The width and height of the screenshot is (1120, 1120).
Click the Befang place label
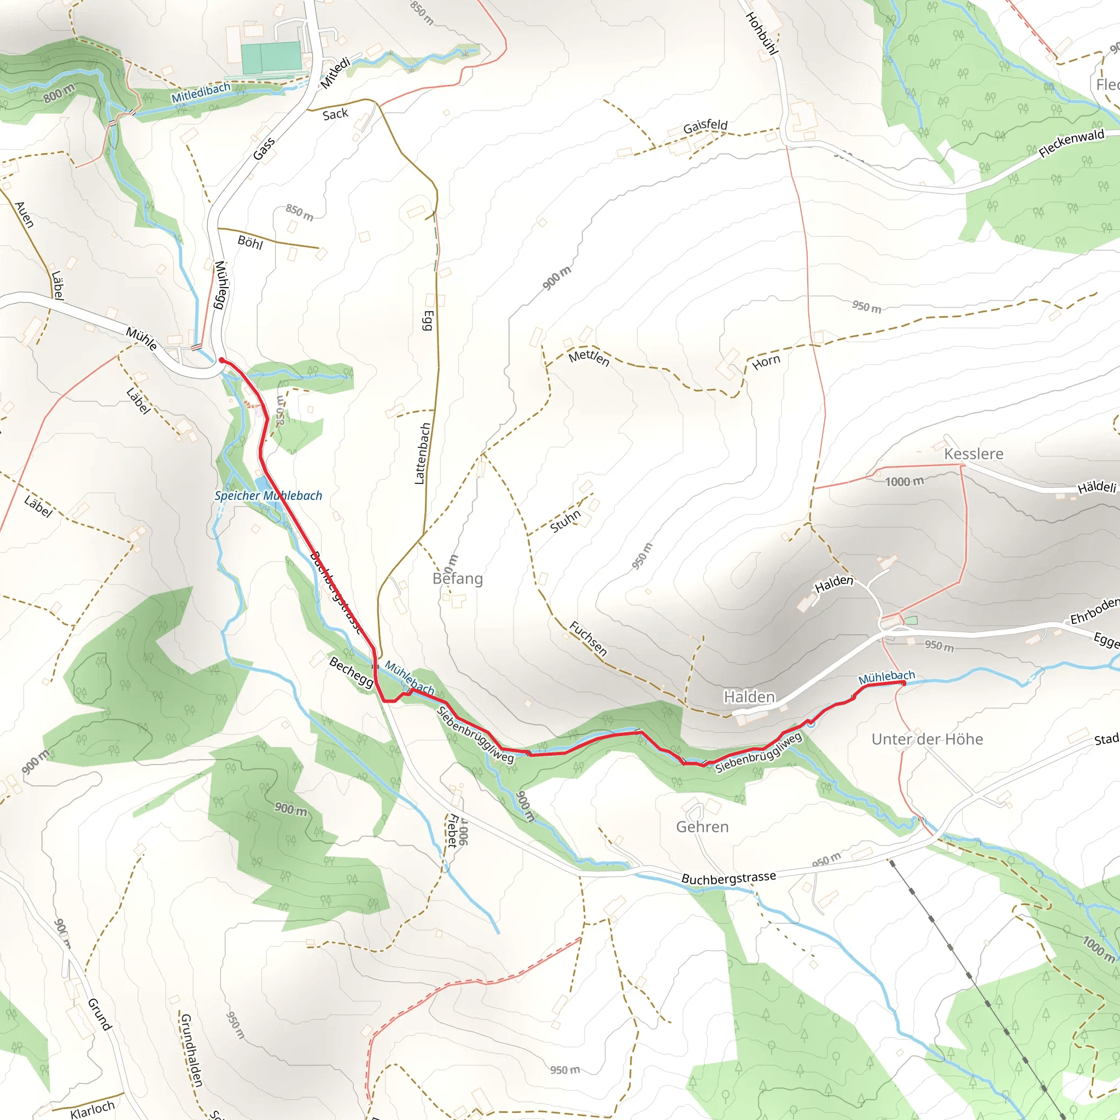click(457, 579)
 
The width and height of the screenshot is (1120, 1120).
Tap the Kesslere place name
click(973, 454)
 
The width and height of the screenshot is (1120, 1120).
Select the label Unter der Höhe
click(927, 739)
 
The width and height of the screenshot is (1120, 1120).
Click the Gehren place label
click(702, 827)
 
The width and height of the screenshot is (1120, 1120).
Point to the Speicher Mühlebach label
click(268, 495)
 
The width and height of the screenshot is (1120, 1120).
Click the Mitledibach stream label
click(201, 94)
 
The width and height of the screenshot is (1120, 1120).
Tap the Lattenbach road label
click(423, 453)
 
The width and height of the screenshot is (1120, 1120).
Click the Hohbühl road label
click(761, 33)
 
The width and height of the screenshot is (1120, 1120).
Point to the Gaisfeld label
click(705, 126)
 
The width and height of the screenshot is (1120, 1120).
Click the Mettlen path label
click(589, 358)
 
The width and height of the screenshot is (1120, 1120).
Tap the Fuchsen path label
click(588, 638)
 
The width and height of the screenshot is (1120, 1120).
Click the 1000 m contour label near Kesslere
click(905, 481)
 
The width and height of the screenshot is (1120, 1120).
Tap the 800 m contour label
click(59, 93)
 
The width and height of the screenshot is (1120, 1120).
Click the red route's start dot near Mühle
click(221, 360)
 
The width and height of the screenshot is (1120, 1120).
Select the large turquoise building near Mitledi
click(271, 57)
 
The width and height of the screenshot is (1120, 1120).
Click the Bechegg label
click(351, 672)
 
